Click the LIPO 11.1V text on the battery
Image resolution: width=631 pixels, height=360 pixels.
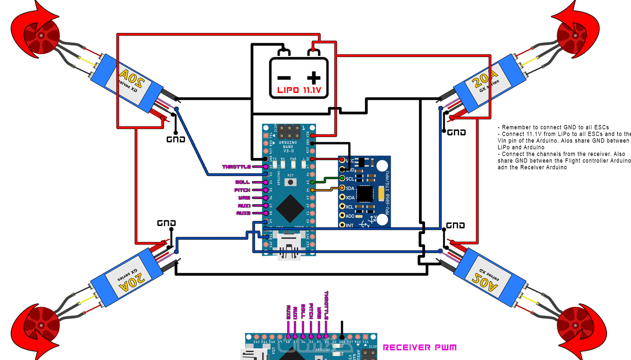click(x=299, y=90)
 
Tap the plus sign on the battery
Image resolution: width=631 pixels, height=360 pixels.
click(x=314, y=78)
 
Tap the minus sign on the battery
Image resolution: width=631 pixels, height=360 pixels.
click(x=284, y=78)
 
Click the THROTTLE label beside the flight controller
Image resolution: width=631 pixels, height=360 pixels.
click(x=236, y=167)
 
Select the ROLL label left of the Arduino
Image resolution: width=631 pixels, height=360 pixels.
click(x=242, y=182)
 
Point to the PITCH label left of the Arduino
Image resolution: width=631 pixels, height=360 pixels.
click(x=242, y=190)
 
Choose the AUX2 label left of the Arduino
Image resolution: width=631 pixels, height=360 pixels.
click(x=243, y=213)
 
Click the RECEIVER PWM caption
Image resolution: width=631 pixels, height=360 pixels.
click(x=419, y=348)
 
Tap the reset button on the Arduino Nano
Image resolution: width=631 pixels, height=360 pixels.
click(x=290, y=182)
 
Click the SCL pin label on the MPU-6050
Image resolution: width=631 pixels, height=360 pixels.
click(x=350, y=179)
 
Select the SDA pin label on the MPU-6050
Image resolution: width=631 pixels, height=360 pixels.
click(x=350, y=188)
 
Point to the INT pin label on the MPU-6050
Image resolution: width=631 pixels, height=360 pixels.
click(x=350, y=225)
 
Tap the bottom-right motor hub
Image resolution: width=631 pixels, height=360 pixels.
click(x=575, y=325)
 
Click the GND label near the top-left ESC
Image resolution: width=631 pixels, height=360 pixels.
click(x=176, y=140)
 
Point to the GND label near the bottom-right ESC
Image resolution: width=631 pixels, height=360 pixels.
click(x=455, y=225)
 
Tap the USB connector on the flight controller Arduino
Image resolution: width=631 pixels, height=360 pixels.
click(x=289, y=245)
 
